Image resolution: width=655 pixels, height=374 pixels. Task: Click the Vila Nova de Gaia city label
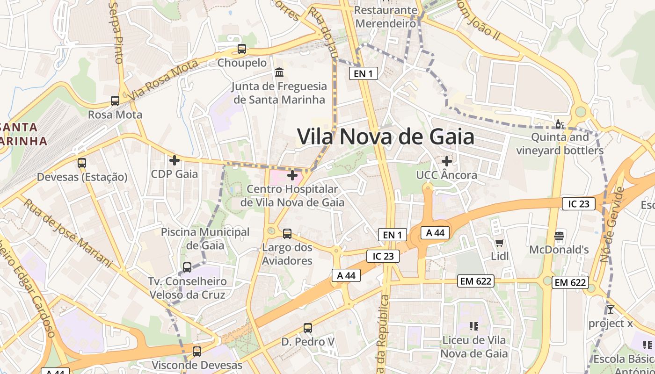tap(386, 137)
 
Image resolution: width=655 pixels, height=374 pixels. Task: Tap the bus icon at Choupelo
tap(242, 49)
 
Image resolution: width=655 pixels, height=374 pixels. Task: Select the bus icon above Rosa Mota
tap(115, 101)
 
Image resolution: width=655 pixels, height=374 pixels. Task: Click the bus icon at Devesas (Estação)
tap(82, 163)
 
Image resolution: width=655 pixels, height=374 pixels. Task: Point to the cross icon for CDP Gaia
tap(175, 160)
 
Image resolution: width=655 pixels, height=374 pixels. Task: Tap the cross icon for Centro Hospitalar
tap(292, 175)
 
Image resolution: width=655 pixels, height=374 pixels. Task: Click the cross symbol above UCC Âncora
tap(447, 161)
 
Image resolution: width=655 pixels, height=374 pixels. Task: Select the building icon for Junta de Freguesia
tap(280, 72)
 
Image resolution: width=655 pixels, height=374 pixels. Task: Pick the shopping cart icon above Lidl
tap(500, 242)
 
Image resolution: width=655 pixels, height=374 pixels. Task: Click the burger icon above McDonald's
tap(559, 236)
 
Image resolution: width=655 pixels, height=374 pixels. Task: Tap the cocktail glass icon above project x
tap(610, 309)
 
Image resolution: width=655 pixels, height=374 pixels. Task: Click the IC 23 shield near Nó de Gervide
tap(579, 204)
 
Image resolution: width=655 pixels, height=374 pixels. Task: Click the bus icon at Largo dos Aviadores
tap(287, 233)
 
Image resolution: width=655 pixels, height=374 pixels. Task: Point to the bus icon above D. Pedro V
tap(307, 328)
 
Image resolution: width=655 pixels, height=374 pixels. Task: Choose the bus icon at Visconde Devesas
tap(197, 351)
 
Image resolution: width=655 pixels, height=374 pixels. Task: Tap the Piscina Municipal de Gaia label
tap(205, 238)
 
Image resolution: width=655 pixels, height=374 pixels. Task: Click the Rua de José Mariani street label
tap(68, 233)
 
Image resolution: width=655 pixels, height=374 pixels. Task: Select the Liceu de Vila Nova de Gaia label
tap(474, 346)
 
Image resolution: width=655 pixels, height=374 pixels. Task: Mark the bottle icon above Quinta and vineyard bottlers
tap(559, 124)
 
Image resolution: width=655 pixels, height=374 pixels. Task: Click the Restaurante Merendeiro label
tap(385, 16)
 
